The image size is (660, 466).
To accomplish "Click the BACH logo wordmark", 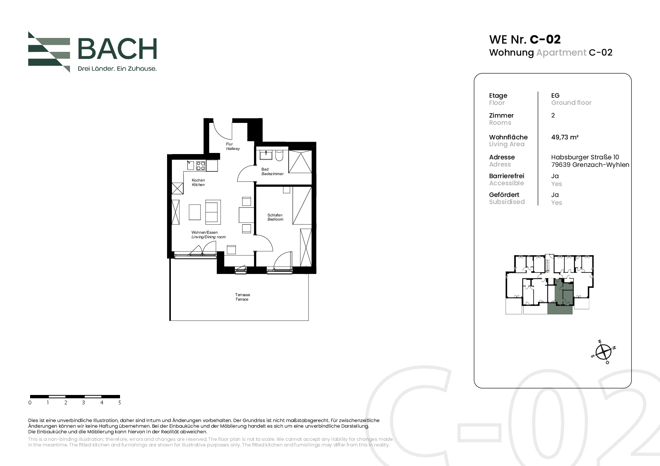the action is [117, 49].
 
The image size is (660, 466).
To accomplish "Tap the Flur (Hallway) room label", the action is [233, 147].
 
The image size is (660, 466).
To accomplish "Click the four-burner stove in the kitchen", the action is [201, 165].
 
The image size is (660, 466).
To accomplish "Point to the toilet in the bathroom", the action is [279, 156].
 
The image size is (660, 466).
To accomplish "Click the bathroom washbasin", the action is [266, 154].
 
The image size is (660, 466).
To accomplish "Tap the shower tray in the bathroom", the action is [300, 161].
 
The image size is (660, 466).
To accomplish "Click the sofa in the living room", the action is [213, 212].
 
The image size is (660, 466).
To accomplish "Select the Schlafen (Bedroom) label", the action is [275, 217].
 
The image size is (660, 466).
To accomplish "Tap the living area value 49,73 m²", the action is [565, 137].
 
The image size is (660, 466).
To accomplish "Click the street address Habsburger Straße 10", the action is [585, 157].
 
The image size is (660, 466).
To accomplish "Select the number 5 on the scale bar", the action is [120, 402].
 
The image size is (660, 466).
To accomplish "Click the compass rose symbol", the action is [604, 352].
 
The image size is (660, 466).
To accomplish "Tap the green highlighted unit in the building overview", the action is [560, 298].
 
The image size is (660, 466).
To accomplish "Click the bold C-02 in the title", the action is [545, 39].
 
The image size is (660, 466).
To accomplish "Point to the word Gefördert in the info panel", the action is [504, 195].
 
